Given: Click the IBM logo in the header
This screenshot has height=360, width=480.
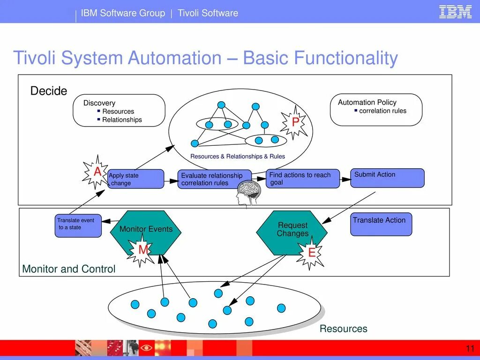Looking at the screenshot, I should pos(455,12).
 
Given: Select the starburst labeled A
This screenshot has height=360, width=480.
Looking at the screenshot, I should pos(97,172).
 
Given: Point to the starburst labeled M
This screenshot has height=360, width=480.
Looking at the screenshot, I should pos(143,250).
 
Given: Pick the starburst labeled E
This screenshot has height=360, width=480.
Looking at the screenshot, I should pos(311,253).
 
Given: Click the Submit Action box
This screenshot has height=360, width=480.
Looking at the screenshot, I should pos(387,178).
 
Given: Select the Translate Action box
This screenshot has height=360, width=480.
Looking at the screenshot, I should pos(382,224).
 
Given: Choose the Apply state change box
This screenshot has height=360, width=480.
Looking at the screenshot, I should pos(136,179).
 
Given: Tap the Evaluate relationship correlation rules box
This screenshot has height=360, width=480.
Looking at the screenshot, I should pos(214,179).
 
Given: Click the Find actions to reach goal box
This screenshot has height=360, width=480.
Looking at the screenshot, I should pos(303,179).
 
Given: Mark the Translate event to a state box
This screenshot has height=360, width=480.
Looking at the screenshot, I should pos(78,225).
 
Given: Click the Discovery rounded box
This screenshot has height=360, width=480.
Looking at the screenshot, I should pos(119,111).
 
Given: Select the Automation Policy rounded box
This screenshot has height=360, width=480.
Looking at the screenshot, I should pos(376,109).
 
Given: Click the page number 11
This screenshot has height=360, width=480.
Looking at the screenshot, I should pos(470,348).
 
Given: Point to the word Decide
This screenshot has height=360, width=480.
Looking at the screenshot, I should pos(49,91).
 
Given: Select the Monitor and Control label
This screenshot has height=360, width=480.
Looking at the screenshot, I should pos(69,269).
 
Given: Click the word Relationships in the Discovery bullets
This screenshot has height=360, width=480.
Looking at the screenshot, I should pos(122,120).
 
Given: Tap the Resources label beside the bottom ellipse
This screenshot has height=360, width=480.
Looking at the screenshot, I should pos(343,329).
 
